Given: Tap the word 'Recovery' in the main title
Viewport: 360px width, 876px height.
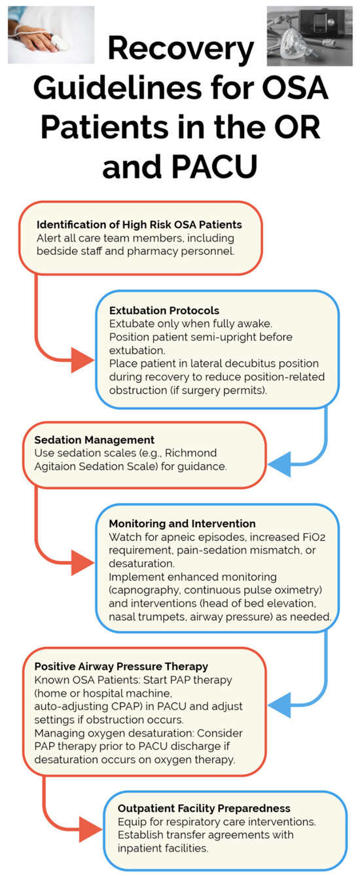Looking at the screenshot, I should (x=181, y=48).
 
